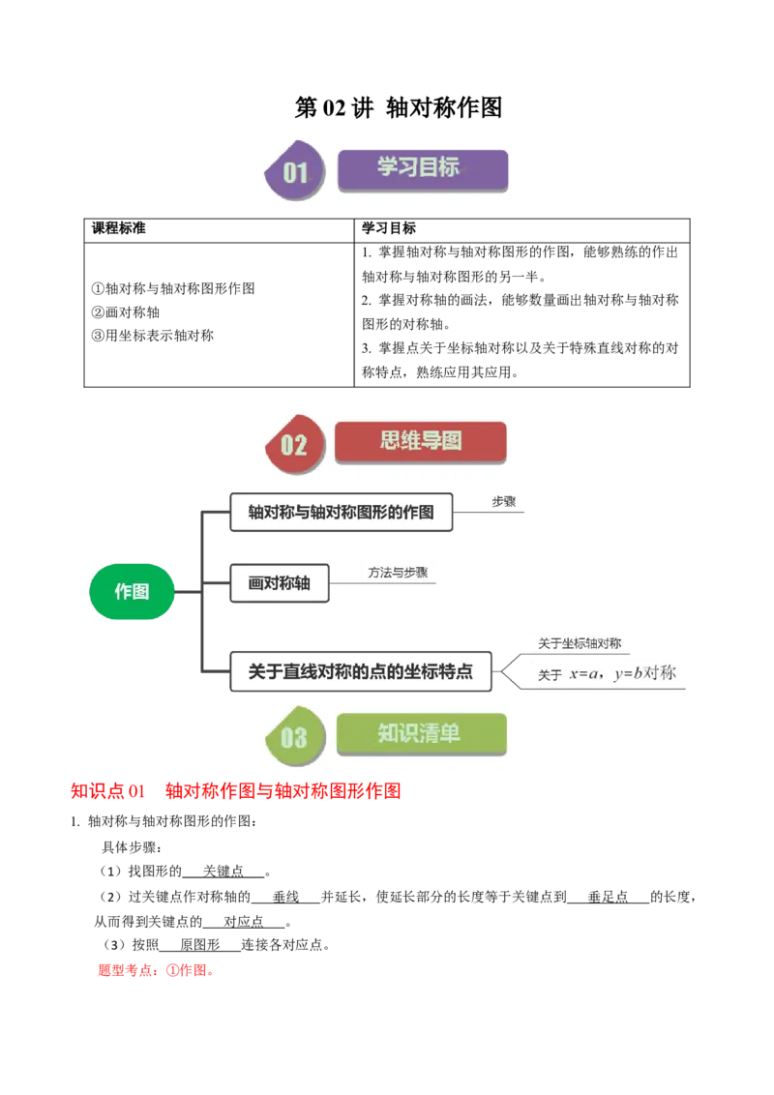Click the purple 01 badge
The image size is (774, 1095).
(294, 173)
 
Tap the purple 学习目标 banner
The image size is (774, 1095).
(422, 168)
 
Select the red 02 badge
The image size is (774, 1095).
(293, 445)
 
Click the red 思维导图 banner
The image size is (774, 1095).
(420, 441)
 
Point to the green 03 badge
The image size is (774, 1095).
(293, 738)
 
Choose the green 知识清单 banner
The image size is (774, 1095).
(420, 733)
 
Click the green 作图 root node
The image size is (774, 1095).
(132, 591)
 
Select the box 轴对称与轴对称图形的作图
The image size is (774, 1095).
(341, 513)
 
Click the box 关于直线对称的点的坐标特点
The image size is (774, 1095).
(360, 672)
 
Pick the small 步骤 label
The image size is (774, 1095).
(503, 502)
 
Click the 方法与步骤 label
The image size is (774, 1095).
(398, 573)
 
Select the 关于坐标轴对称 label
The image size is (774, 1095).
(580, 643)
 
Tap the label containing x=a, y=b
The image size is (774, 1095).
(608, 674)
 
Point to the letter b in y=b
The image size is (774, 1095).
(638, 673)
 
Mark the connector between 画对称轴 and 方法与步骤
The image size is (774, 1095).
(343, 583)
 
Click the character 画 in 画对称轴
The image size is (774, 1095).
(256, 584)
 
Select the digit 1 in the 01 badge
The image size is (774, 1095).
(302, 173)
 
